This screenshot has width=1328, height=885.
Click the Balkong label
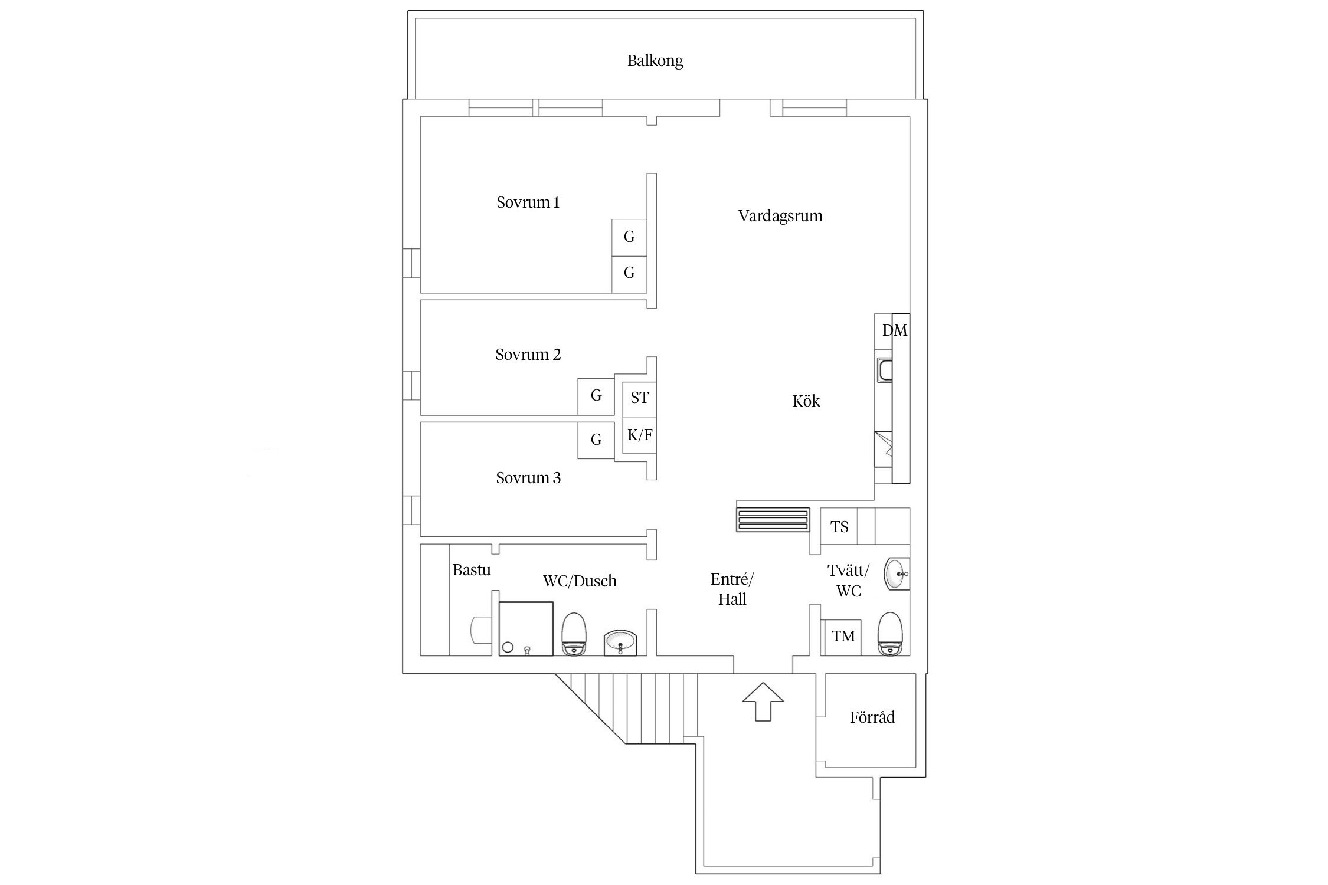[655, 61]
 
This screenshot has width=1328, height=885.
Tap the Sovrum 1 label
[528, 202]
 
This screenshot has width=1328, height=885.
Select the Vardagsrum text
[780, 216]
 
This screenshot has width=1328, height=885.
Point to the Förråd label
[872, 717]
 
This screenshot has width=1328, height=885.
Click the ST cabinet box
[639, 398]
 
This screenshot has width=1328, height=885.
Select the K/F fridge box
[639, 435]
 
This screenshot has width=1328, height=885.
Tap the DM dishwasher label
[894, 330]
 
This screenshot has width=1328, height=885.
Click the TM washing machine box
[843, 637]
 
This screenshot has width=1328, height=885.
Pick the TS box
[839, 526]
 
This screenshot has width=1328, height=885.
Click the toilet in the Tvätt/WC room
[890, 634]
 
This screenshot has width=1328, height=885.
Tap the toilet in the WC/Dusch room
[573, 634]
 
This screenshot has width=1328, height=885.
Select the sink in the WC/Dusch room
[620, 643]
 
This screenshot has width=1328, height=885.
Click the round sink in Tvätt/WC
[897, 573]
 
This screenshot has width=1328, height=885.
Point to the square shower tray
[526, 628]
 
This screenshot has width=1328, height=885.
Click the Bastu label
[471, 570]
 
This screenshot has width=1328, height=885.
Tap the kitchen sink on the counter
[884, 371]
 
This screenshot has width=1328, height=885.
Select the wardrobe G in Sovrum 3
[596, 440]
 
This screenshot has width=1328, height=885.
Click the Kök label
[806, 402]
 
